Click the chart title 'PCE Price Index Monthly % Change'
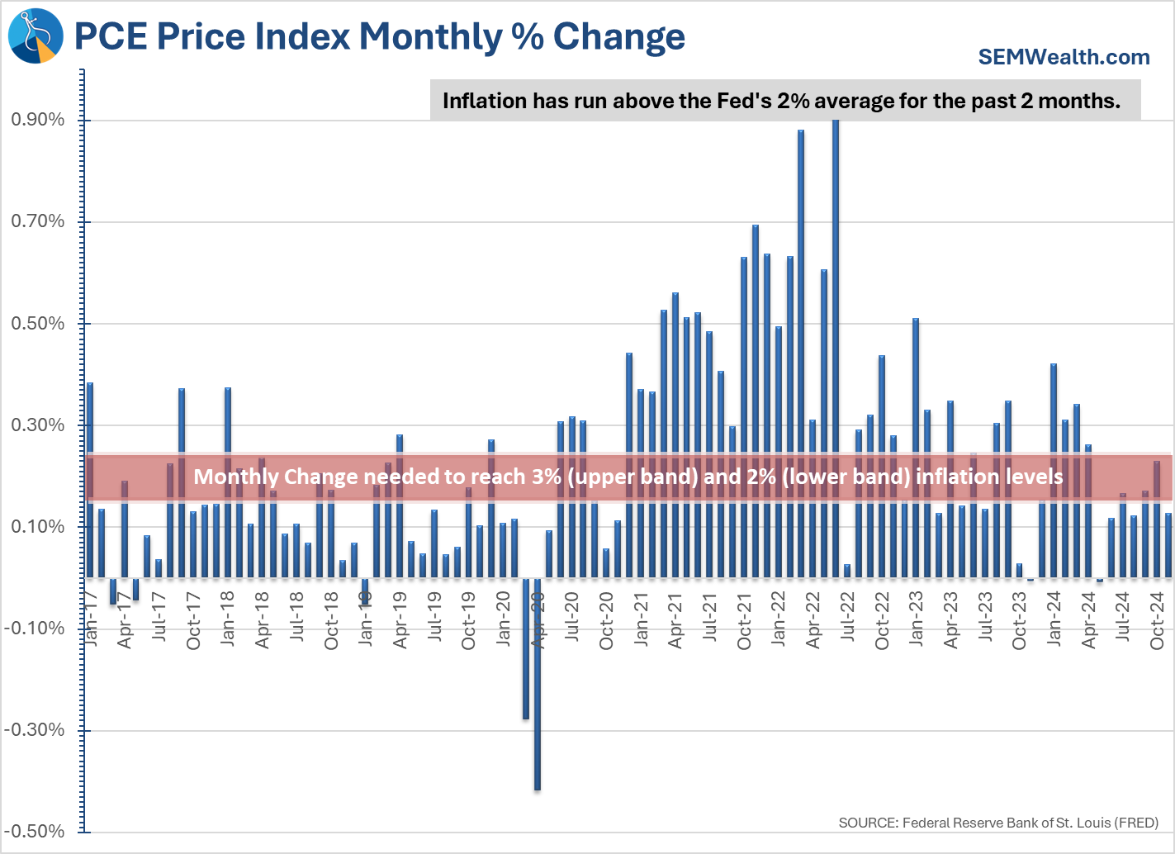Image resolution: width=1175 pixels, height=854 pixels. pos(380,37)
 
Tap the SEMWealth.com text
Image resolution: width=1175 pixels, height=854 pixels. pos(1064,57)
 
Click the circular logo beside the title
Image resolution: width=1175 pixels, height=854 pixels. pos(36,36)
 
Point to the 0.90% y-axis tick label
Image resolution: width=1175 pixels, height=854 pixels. pos(38,120)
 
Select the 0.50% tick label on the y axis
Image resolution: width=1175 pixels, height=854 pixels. pos(38,324)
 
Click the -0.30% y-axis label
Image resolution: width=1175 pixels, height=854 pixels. pos(35,730)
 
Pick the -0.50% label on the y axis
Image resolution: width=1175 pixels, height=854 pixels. pos(35,832)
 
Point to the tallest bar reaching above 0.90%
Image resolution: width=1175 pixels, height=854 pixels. pos(836,347)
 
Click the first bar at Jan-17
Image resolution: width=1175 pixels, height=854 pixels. pos(90,479)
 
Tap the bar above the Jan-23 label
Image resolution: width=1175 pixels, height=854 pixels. pos(916,446)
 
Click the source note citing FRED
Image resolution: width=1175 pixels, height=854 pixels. pos(998,823)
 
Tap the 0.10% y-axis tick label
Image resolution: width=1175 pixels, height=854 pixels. pos(38,527)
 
